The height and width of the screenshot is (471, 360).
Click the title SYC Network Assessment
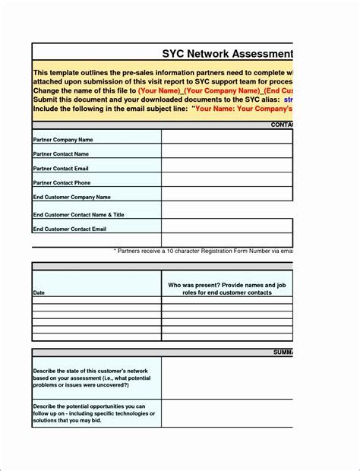(x=227, y=54)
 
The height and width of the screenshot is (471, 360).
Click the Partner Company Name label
(x=63, y=140)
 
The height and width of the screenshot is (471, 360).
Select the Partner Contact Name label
(x=61, y=154)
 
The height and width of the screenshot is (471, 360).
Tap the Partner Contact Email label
(x=61, y=168)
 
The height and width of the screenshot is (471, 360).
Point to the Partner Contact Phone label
(x=62, y=182)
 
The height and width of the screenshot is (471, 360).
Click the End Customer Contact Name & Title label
(x=78, y=214)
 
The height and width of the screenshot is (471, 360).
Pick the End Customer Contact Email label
(x=69, y=228)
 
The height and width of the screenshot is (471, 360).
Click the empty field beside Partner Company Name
(x=226, y=137)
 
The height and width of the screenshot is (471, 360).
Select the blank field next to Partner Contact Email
(x=226, y=166)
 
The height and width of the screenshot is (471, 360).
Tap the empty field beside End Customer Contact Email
(x=226, y=228)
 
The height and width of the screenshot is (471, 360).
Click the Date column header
(x=39, y=292)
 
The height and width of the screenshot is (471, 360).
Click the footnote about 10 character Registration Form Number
(x=203, y=250)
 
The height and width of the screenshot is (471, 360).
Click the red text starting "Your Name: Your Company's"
(x=243, y=108)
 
